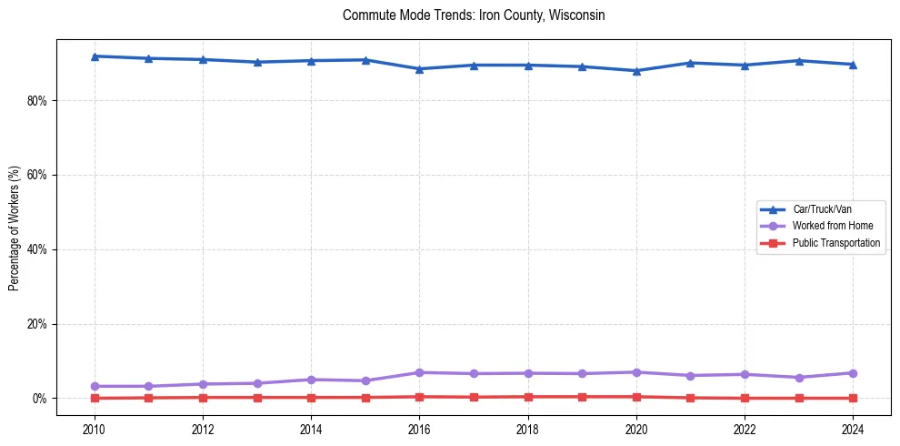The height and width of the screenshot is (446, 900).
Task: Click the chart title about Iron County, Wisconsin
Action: (x=474, y=15)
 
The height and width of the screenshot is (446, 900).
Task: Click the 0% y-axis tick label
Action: (x=39, y=399)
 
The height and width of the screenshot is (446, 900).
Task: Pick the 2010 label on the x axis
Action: (x=95, y=429)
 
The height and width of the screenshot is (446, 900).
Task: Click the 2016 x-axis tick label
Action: (x=419, y=429)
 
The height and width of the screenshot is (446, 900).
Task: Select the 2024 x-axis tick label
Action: (x=853, y=429)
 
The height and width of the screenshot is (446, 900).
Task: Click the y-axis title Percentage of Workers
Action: (x=15, y=228)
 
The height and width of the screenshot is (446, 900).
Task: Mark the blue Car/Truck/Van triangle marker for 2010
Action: (x=95, y=56)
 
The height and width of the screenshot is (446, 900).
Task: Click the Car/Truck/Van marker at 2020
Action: (x=636, y=71)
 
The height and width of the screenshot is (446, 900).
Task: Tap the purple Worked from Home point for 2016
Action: (x=419, y=372)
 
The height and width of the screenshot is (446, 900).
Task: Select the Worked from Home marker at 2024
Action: (x=853, y=373)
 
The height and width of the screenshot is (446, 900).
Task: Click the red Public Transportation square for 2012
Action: (x=203, y=397)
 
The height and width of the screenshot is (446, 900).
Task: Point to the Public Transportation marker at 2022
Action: (x=745, y=398)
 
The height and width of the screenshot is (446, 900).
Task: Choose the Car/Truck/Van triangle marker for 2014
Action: (x=311, y=61)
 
